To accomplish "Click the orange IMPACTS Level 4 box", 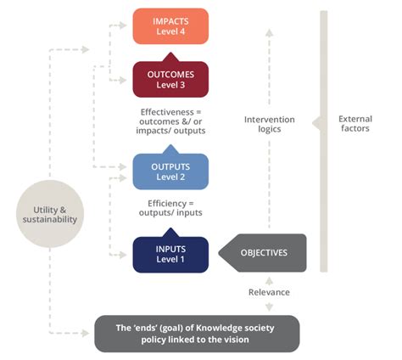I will coord(170,26).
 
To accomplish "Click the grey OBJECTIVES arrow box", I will coord(263,252).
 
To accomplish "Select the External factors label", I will coord(360,123).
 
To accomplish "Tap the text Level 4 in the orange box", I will coord(170,32).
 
